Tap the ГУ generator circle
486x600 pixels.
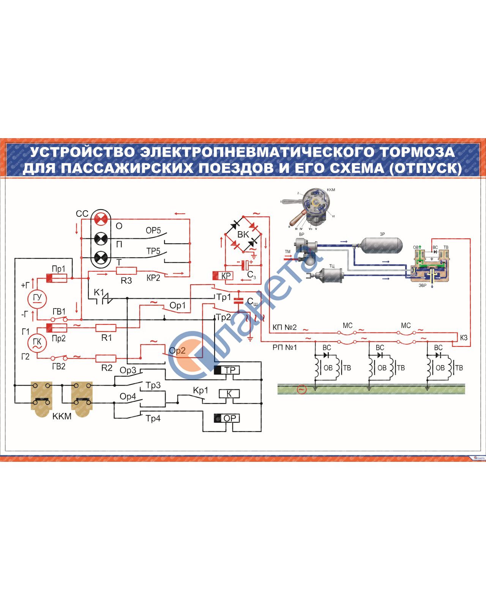coord(37,298)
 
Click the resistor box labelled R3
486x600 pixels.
coord(126,271)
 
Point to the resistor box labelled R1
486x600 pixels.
coord(106,328)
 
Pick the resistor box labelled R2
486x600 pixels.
coord(106,358)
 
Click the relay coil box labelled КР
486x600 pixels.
coord(223,276)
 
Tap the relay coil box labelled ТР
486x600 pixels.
coord(227,370)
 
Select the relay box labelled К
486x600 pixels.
coord(229,394)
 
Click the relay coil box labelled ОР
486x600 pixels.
coord(227,418)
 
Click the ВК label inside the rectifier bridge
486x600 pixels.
coord(243,235)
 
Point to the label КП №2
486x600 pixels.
coord(284,327)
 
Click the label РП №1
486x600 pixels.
coord(284,347)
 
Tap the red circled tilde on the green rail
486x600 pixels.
coord(301,389)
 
